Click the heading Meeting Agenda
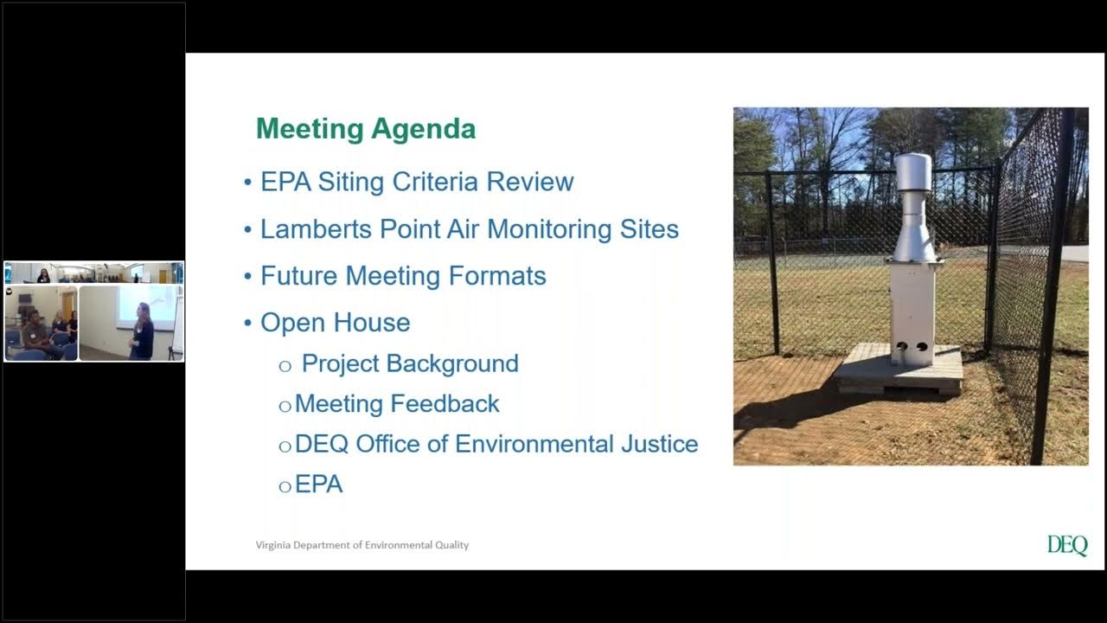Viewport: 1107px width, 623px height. [x=366, y=129]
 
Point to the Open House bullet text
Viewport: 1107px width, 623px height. [x=336, y=323]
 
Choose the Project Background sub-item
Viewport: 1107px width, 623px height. [x=410, y=363]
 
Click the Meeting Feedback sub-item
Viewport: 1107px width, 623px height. [x=397, y=404]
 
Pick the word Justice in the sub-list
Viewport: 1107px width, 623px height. [x=659, y=444]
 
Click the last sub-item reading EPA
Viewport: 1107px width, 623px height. [x=319, y=485]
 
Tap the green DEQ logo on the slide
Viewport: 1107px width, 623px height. [x=1067, y=545]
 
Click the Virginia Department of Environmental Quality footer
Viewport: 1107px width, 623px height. [x=362, y=545]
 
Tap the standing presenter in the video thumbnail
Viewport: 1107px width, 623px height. [x=142, y=332]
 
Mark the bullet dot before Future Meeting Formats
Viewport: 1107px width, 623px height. [x=247, y=277]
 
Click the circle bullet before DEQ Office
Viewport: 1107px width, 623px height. [x=285, y=446]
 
